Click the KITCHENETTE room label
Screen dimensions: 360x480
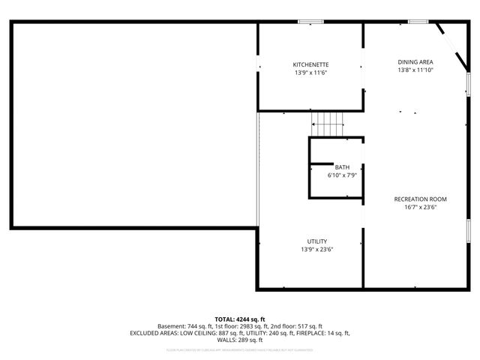tap(310, 64)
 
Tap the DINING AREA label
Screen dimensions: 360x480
tap(415, 61)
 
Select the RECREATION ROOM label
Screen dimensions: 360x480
tap(420, 199)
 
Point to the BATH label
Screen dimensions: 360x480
tap(342, 166)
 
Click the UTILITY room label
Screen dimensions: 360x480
tap(316, 241)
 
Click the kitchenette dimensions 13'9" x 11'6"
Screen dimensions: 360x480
tap(310, 73)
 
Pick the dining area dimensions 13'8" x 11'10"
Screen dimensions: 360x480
tap(415, 70)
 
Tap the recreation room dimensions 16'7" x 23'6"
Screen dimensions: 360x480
tap(420, 207)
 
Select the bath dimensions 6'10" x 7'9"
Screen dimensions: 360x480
tap(342, 175)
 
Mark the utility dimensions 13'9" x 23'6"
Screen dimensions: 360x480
tap(316, 249)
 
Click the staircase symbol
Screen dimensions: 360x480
tap(327, 122)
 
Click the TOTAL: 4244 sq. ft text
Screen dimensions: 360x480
tap(240, 319)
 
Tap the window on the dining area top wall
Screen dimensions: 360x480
tap(418, 22)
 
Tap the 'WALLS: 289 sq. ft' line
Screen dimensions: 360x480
tap(240, 339)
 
